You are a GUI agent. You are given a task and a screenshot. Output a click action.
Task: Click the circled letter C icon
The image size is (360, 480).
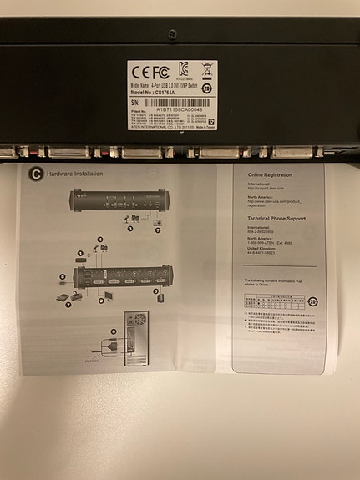coord(35,174)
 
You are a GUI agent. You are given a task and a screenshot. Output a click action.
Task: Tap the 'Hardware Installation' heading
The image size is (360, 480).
coord(75,174)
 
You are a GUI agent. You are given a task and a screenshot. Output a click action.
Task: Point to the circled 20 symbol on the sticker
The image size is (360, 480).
coord(206,85)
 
